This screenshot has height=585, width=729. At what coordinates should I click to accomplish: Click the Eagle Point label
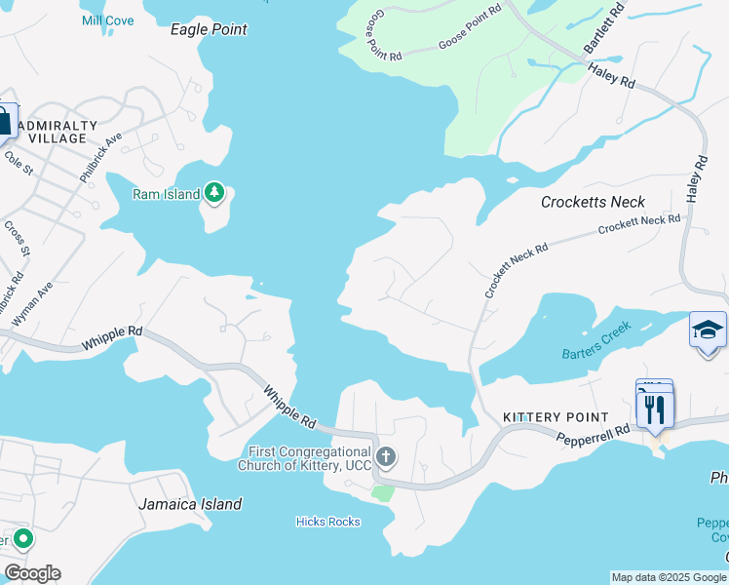coord(209,30)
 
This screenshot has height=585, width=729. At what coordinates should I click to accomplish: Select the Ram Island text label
coord(166,194)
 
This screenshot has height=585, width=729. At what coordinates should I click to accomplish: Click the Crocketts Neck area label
coord(593,202)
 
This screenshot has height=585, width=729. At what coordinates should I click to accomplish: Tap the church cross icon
coord(386,456)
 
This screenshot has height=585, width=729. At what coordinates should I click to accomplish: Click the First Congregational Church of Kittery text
coord(304,458)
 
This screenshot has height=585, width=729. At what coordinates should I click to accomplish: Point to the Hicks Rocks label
coord(327,522)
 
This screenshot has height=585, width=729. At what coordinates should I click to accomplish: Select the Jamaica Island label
coord(189,504)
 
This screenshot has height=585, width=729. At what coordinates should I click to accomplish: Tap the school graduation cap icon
coord(708,331)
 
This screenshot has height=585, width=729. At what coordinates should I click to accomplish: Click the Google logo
coord(31,573)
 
